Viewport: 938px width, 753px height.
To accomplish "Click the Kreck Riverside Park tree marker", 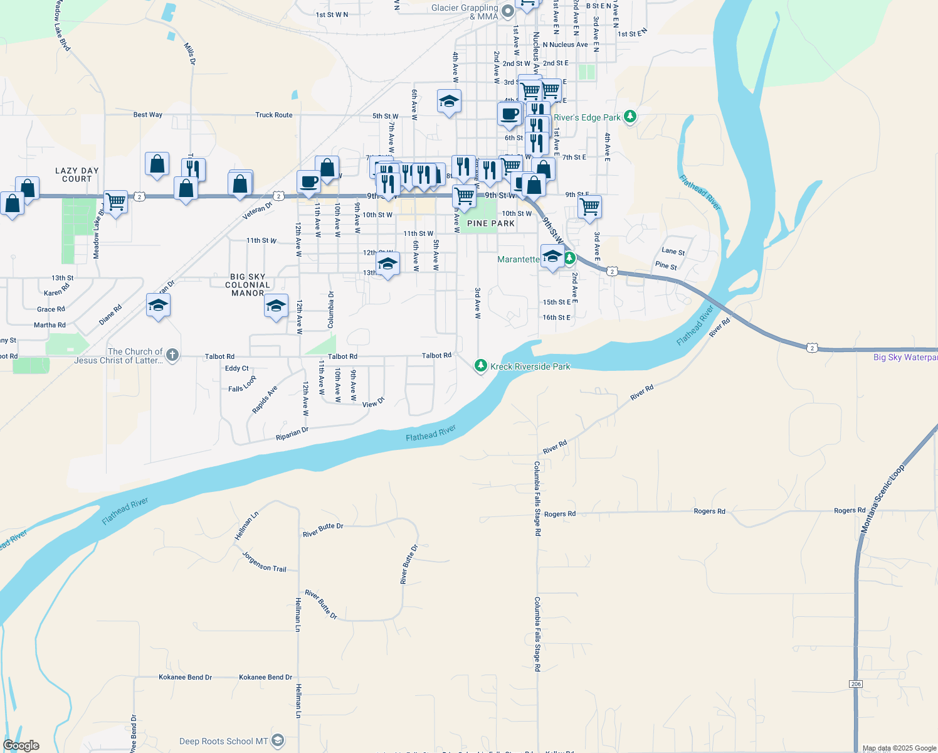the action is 480,366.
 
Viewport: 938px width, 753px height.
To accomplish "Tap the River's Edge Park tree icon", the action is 630,117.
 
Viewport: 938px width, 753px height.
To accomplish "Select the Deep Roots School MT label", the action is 224,741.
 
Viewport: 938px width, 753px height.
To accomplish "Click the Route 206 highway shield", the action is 856,683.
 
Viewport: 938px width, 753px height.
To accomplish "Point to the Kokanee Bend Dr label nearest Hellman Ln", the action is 265,677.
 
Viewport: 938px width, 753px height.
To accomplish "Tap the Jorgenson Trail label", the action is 264,562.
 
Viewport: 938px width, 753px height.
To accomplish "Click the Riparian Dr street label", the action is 292,434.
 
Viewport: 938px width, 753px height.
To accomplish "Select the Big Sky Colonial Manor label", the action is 248,285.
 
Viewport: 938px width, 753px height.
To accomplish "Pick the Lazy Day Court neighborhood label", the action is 76,174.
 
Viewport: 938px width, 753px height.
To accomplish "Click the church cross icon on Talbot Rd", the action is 172,355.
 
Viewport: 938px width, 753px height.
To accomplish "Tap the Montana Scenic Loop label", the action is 882,499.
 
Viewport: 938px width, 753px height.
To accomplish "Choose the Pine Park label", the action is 491,223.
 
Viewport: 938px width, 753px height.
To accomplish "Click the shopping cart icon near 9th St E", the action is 590,206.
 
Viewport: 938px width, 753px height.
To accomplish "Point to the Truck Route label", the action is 274,115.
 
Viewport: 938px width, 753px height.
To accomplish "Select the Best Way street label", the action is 148,115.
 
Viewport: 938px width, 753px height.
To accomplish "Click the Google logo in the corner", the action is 21,745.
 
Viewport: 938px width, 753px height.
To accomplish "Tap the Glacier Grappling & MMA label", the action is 465,12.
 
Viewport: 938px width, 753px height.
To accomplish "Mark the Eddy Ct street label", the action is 237,368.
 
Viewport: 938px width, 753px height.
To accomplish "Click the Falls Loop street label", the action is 242,385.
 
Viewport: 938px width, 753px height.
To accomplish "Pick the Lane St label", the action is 673,251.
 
